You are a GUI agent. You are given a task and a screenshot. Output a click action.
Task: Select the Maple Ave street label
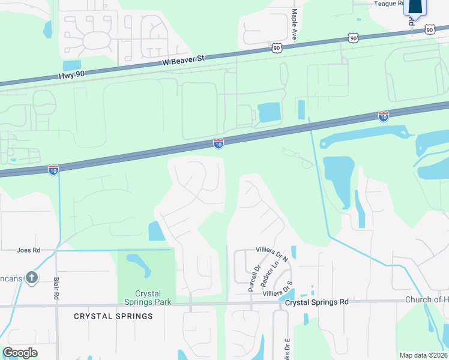[295, 24]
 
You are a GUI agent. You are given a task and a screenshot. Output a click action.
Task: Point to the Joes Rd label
[28, 250]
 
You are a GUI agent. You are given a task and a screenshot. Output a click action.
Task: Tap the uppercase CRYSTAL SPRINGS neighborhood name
[113, 316]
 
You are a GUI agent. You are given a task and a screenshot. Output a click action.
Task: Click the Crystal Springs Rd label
[316, 302]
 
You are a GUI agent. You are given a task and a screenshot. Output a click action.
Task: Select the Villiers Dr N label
[272, 253]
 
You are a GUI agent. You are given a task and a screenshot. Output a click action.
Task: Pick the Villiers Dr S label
[277, 291]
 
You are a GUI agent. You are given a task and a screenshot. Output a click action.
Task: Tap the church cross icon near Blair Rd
[32, 277]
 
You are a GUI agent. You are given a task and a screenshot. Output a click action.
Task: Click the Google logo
[20, 353]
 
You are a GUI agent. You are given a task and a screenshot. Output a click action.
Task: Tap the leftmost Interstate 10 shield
[53, 170]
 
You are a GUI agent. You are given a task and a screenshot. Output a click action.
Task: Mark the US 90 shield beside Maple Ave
[276, 47]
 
